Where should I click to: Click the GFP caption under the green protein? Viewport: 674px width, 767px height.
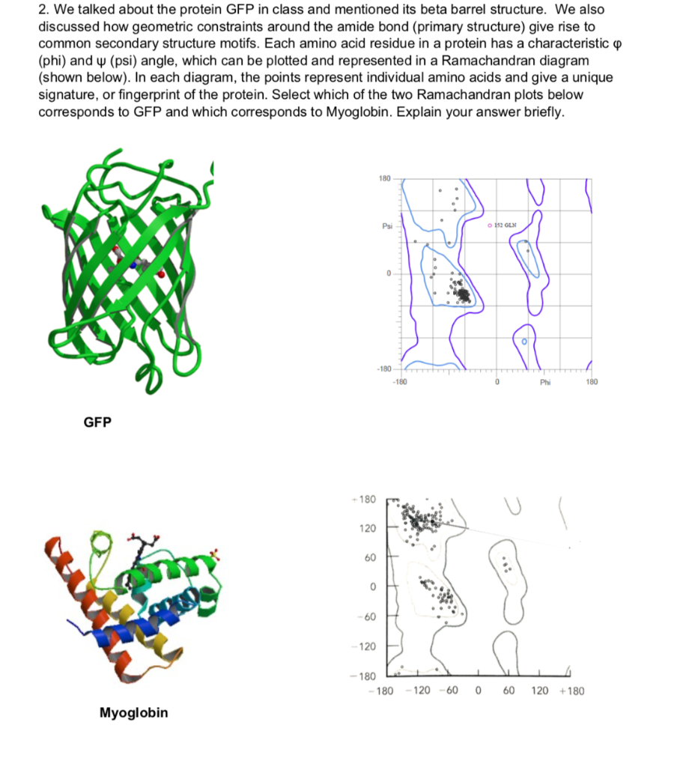(x=97, y=422)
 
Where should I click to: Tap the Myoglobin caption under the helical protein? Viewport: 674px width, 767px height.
(x=134, y=712)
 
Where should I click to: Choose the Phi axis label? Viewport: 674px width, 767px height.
(x=546, y=381)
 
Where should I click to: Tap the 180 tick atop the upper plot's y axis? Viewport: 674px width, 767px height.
(x=386, y=179)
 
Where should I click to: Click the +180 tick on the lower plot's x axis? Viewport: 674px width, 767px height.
(x=571, y=690)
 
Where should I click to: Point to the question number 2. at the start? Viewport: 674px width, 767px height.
(x=43, y=10)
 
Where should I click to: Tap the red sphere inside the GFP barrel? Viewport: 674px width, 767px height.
(x=160, y=275)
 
